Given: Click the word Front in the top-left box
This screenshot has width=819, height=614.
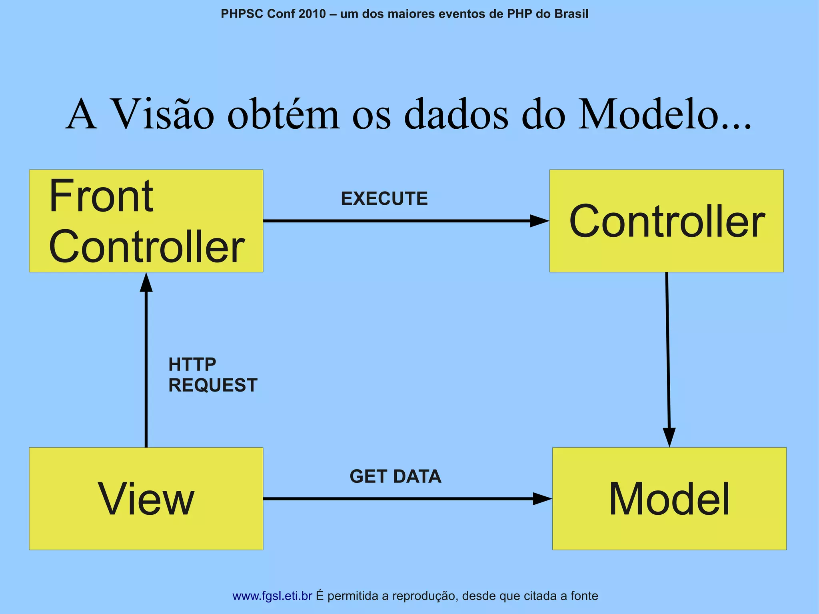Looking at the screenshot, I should [x=101, y=197].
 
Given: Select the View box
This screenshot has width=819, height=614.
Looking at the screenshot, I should [x=146, y=498].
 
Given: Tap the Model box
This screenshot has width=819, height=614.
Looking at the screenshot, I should [x=669, y=498].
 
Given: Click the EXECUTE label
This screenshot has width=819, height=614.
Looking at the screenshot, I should [x=384, y=199].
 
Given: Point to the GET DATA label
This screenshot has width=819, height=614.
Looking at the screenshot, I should [x=395, y=476].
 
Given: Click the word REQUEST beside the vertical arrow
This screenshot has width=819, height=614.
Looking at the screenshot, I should [x=213, y=385].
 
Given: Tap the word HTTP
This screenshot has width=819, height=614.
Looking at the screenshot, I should [x=192, y=364].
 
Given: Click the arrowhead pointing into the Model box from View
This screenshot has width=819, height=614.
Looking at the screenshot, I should [x=542, y=499].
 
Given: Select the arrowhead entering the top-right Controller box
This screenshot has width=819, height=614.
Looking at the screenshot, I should [x=539, y=221].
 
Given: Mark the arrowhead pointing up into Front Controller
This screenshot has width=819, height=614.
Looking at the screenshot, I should [x=146, y=282].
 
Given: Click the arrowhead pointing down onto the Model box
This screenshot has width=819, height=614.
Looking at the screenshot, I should [x=669, y=437].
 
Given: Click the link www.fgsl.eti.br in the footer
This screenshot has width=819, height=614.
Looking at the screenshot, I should [x=272, y=596].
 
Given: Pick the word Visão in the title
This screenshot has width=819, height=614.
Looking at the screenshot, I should [x=162, y=115].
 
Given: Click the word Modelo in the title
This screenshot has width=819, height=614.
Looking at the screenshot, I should [x=648, y=115].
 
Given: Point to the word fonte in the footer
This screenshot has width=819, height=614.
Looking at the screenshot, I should [x=584, y=596].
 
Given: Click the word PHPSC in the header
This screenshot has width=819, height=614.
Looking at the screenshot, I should [x=242, y=14].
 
